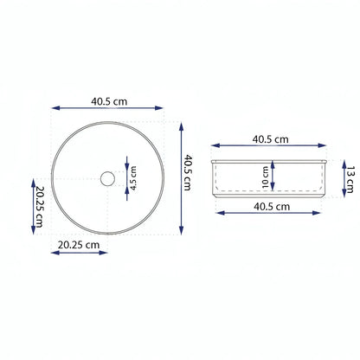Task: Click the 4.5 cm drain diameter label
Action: pos(133,178)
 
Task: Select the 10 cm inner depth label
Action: pos(266,177)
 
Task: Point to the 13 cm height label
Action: pos(350,179)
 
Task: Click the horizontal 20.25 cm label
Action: pos(79,245)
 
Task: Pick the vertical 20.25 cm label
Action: pos(40,207)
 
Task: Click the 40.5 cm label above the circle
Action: pos(109,101)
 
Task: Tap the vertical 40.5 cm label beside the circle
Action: pos(188,172)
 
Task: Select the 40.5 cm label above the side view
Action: pos(270,139)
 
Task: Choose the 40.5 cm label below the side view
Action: pos(272,207)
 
